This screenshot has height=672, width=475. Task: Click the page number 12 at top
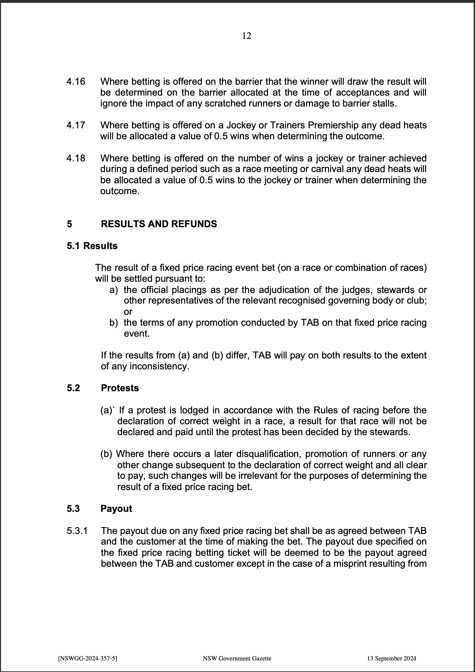[246, 36]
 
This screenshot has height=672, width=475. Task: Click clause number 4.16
[76, 82]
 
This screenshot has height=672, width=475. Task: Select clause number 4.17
[76, 125]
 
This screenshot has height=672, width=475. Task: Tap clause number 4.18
[76, 158]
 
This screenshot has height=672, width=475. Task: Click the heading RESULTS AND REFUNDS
[159, 224]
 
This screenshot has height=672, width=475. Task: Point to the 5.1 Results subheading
[92, 246]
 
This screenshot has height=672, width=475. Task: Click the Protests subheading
[120, 388]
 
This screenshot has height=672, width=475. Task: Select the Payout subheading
[116, 509]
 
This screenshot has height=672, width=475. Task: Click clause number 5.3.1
[77, 531]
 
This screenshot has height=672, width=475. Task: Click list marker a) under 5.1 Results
[114, 290]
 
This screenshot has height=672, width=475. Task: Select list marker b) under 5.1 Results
[114, 323]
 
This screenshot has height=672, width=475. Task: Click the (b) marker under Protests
[106, 454]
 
